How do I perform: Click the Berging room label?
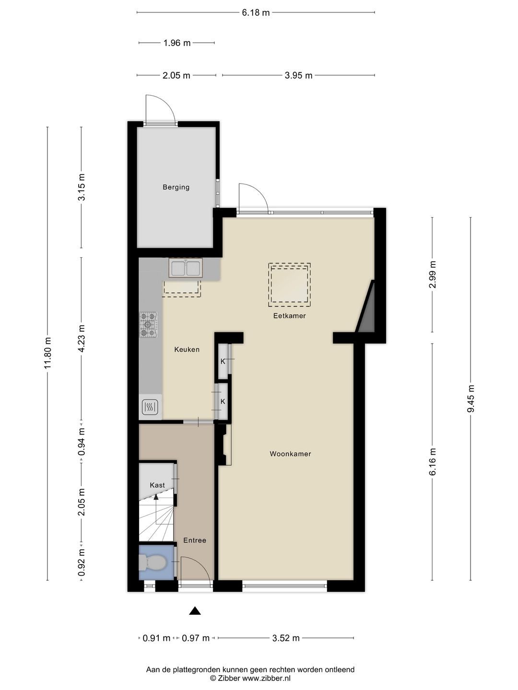(176, 187)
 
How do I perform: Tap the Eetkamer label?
(289, 316)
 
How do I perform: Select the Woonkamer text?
(290, 454)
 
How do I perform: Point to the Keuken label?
(187, 350)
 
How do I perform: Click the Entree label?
(195, 540)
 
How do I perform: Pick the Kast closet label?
(157, 485)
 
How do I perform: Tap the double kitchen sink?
(186, 268)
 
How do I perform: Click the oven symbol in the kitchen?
(150, 408)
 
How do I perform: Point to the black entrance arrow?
(195, 610)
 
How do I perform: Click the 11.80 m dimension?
(47, 353)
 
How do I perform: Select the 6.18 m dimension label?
(256, 13)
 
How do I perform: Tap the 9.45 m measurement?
(471, 398)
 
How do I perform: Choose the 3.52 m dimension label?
(286, 638)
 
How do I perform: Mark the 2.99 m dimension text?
(433, 275)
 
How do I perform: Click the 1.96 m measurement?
(177, 43)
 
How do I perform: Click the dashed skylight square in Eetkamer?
(289, 285)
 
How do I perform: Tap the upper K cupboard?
(223, 362)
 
